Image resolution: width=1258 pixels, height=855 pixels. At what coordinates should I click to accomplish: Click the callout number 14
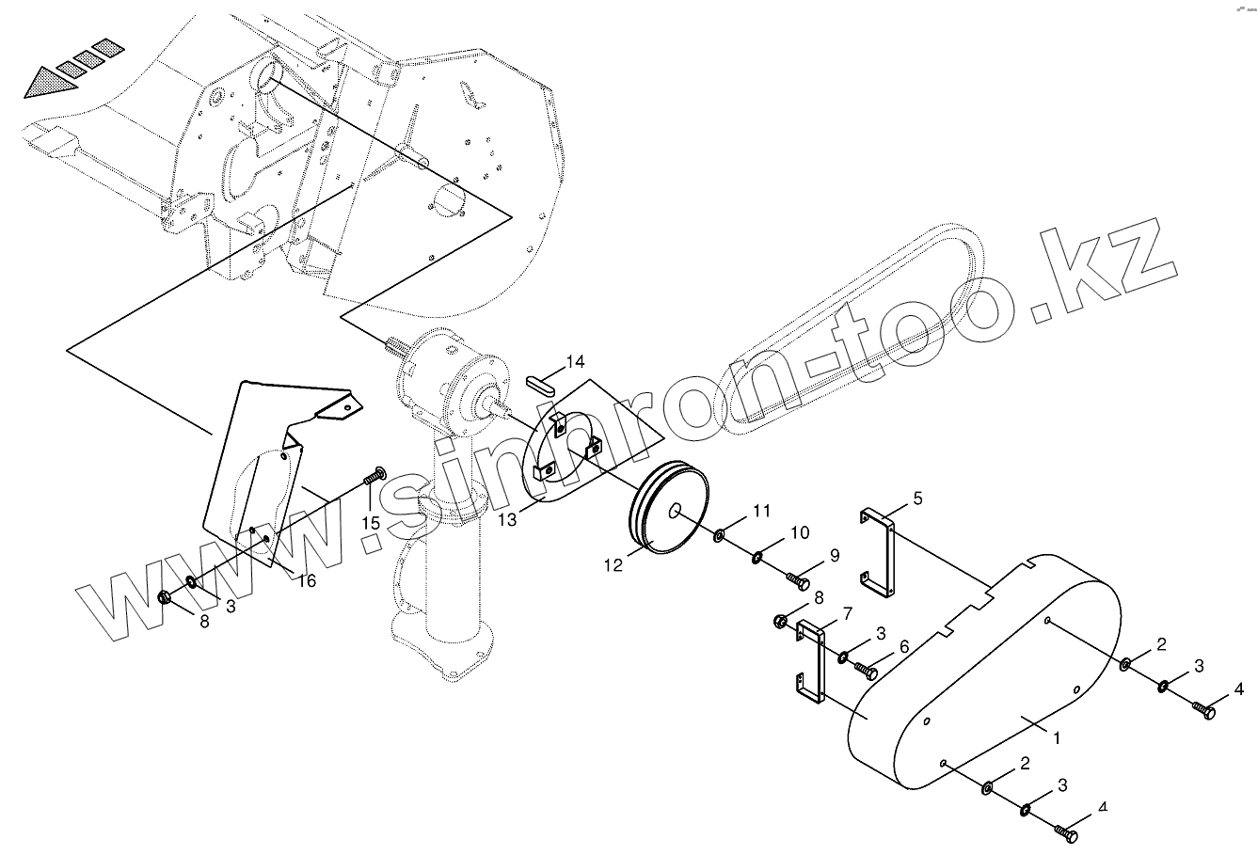[x=575, y=362]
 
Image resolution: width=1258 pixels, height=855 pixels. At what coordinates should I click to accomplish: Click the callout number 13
[x=507, y=519]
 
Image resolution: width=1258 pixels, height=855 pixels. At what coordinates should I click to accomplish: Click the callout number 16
[x=306, y=580]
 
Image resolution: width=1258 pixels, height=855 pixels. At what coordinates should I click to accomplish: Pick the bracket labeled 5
[x=878, y=554]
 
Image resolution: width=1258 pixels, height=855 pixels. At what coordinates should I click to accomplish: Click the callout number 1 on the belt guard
[x=1058, y=738]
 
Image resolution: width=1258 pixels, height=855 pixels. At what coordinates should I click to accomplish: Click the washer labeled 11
[x=720, y=535]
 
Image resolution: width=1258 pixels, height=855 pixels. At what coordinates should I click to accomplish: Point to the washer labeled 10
[x=757, y=559]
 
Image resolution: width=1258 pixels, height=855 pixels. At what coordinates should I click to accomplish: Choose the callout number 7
[x=847, y=613]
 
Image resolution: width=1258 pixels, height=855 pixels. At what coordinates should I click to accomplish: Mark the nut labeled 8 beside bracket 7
[x=781, y=622]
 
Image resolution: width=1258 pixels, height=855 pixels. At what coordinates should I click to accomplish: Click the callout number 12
[x=613, y=565]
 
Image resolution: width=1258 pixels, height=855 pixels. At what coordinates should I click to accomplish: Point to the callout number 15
[x=371, y=522]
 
